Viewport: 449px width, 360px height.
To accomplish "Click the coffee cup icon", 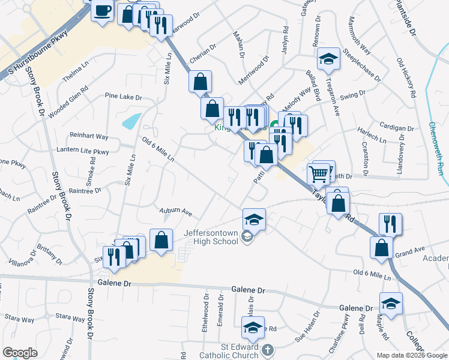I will [x=102, y=10].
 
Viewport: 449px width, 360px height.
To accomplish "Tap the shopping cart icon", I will [x=319, y=174].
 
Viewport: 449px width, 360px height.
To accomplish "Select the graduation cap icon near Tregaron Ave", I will [x=328, y=59].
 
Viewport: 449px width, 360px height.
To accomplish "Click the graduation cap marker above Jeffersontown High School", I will [x=254, y=219].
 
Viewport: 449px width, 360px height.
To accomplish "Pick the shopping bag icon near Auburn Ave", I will [x=161, y=241].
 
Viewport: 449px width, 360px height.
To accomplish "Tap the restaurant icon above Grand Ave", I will [x=390, y=224].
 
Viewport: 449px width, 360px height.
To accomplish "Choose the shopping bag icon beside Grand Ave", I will [x=382, y=248].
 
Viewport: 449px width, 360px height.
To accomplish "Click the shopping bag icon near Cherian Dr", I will [x=200, y=82].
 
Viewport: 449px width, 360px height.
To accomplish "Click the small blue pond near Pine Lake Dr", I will [x=133, y=121].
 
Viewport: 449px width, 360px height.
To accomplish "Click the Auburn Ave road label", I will [x=175, y=212].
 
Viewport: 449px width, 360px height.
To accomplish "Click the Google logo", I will [x=20, y=353].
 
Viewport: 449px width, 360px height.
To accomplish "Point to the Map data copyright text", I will [x=411, y=355].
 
